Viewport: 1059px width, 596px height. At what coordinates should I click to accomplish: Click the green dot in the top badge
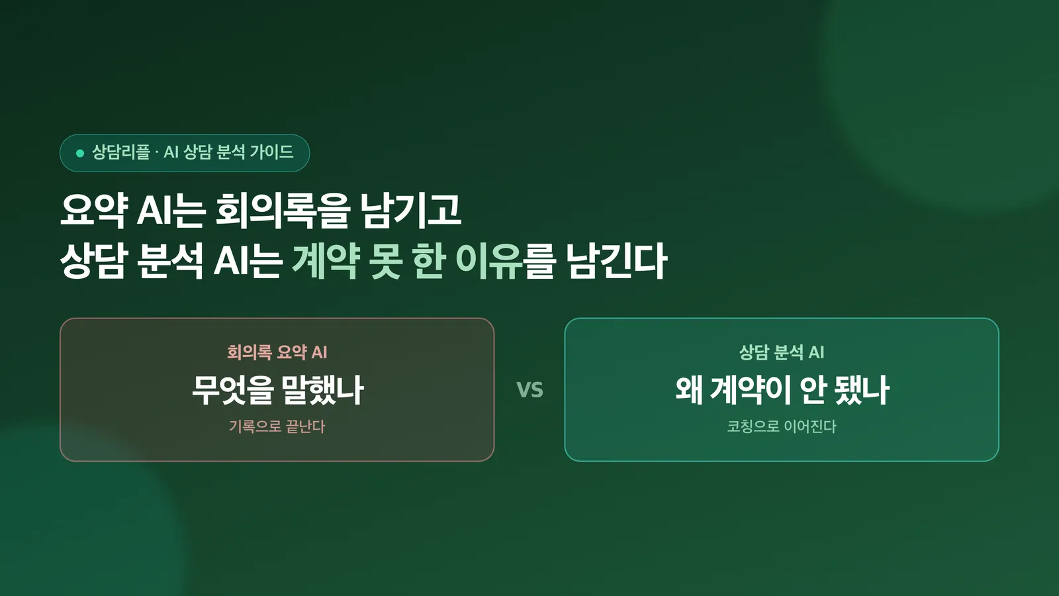pos(80,153)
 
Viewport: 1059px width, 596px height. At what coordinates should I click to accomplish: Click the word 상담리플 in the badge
pos(120,152)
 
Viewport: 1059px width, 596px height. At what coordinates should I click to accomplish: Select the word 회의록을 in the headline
pos(283,211)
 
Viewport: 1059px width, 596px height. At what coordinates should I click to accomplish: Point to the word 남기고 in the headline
pos(410,211)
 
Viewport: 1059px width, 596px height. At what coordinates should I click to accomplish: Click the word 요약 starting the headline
pos(94,211)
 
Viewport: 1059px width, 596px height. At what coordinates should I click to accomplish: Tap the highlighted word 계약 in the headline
pos(326,261)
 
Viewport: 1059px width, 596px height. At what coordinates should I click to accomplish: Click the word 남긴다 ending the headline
pos(616,261)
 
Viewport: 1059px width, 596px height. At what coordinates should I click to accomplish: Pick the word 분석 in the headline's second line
pos(170,261)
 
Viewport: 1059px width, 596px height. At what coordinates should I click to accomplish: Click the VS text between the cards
pos(529,390)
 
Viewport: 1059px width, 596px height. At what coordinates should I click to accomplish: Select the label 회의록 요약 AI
pos(277,352)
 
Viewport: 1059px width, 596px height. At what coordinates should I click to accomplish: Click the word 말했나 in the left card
pos(322,390)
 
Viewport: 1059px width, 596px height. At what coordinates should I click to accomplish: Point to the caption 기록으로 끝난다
pos(277,426)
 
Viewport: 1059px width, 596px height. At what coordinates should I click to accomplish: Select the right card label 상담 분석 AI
pos(782,352)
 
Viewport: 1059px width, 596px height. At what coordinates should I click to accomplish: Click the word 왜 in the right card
pos(689,390)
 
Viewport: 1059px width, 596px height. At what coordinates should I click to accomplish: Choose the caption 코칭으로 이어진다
pos(782,426)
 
